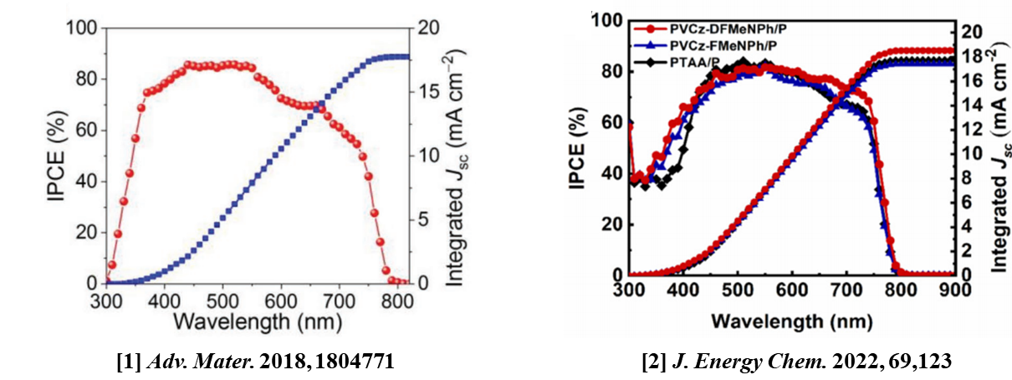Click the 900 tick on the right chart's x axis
coord(952,291)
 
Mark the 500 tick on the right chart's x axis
coord(738,291)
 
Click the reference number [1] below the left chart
coord(133,362)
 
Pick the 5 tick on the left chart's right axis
coord(424,219)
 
